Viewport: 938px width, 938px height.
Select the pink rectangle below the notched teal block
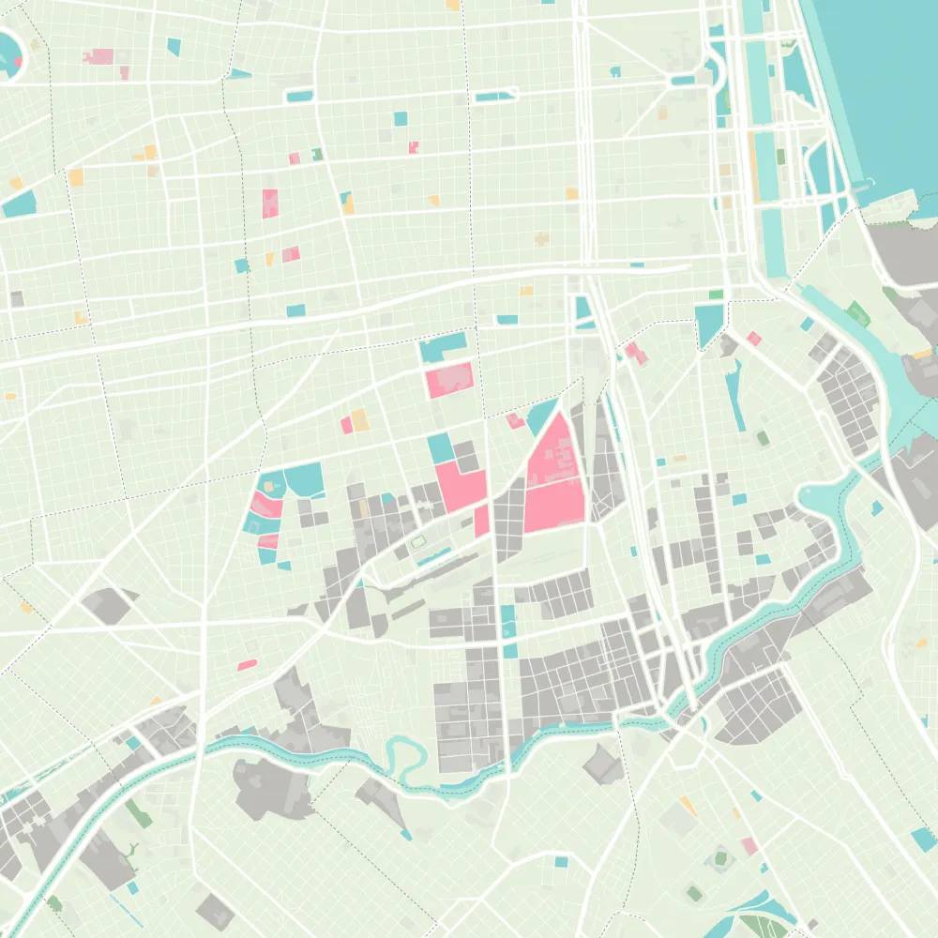point(449,380)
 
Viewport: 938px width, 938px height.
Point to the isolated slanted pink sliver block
point(248,665)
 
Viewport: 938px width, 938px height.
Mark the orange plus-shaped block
point(542,238)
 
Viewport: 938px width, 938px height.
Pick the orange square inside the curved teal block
point(272,487)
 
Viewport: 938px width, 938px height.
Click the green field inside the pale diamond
point(720,857)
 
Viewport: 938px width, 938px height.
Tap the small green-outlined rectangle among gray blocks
point(419,542)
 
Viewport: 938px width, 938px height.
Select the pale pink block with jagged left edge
point(98,56)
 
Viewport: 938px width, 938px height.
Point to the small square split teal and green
point(318,154)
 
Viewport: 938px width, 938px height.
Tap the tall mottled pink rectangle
point(270,204)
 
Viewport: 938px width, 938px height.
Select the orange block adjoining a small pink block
point(358,421)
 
